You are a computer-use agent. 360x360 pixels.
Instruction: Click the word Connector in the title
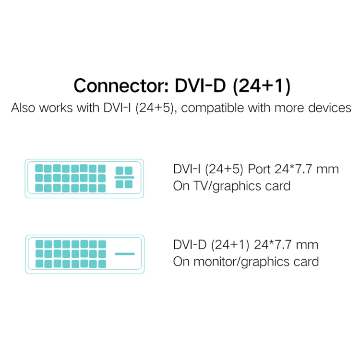click(x=121, y=85)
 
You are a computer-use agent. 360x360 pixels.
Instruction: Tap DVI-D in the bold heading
click(x=200, y=85)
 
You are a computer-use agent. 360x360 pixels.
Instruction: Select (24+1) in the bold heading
click(x=262, y=86)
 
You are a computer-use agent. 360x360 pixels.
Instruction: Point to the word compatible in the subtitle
click(x=212, y=108)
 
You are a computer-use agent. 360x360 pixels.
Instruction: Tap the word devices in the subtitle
click(x=329, y=108)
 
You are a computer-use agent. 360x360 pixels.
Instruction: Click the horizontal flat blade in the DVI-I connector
click(x=124, y=178)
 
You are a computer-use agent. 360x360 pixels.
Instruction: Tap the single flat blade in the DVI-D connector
click(x=125, y=254)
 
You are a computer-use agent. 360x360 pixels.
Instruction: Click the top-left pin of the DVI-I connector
click(x=39, y=168)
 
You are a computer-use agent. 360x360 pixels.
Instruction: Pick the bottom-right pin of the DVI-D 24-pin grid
click(x=102, y=264)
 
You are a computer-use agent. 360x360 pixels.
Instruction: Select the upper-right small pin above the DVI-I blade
click(x=129, y=170)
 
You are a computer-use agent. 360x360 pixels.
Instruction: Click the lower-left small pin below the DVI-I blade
click(x=120, y=184)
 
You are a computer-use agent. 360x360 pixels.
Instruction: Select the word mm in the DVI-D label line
click(x=307, y=245)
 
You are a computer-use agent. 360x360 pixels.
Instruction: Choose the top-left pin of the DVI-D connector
click(x=39, y=244)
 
